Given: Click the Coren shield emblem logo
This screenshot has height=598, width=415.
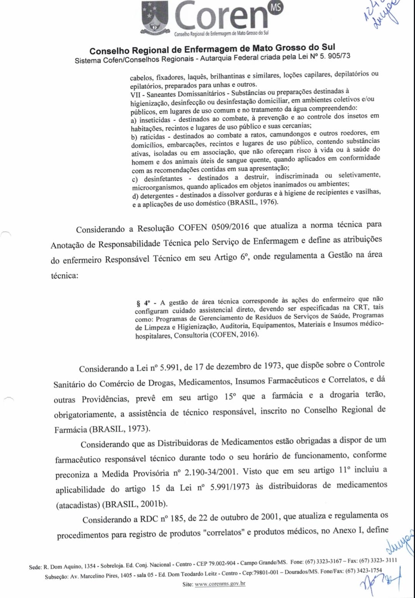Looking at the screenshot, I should pos(155,17).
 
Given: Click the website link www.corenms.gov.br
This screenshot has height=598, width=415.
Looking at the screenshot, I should pos(220,584).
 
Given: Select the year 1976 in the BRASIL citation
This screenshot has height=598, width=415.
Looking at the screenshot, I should pos(268,202).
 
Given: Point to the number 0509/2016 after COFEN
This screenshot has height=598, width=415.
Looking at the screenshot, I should pos(230,227).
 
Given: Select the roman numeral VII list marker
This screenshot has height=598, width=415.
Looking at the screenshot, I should pos(135,95).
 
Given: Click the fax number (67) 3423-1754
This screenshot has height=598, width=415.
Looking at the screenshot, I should pos(363,571).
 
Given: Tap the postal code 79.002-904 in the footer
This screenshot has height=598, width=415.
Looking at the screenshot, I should pos(222,563).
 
